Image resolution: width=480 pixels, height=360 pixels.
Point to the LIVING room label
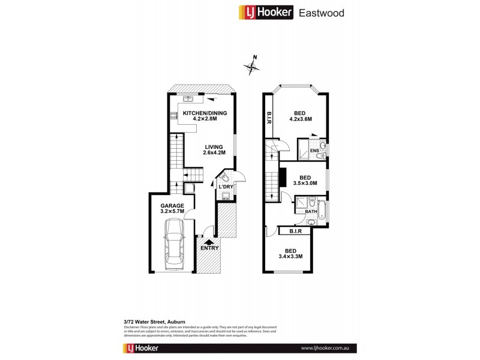tap(213, 146)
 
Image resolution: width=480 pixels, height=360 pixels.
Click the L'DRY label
tap(225, 187)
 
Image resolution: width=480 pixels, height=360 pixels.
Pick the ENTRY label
tap(210, 248)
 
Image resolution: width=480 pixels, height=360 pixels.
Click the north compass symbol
tap(251, 65)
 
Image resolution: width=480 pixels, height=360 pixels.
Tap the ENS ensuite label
tap(313, 151)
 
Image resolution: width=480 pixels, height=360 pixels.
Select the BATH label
tap(311, 211)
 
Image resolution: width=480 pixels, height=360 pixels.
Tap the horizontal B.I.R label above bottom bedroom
tap(295, 231)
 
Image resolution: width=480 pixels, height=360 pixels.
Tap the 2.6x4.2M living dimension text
tap(213, 152)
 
